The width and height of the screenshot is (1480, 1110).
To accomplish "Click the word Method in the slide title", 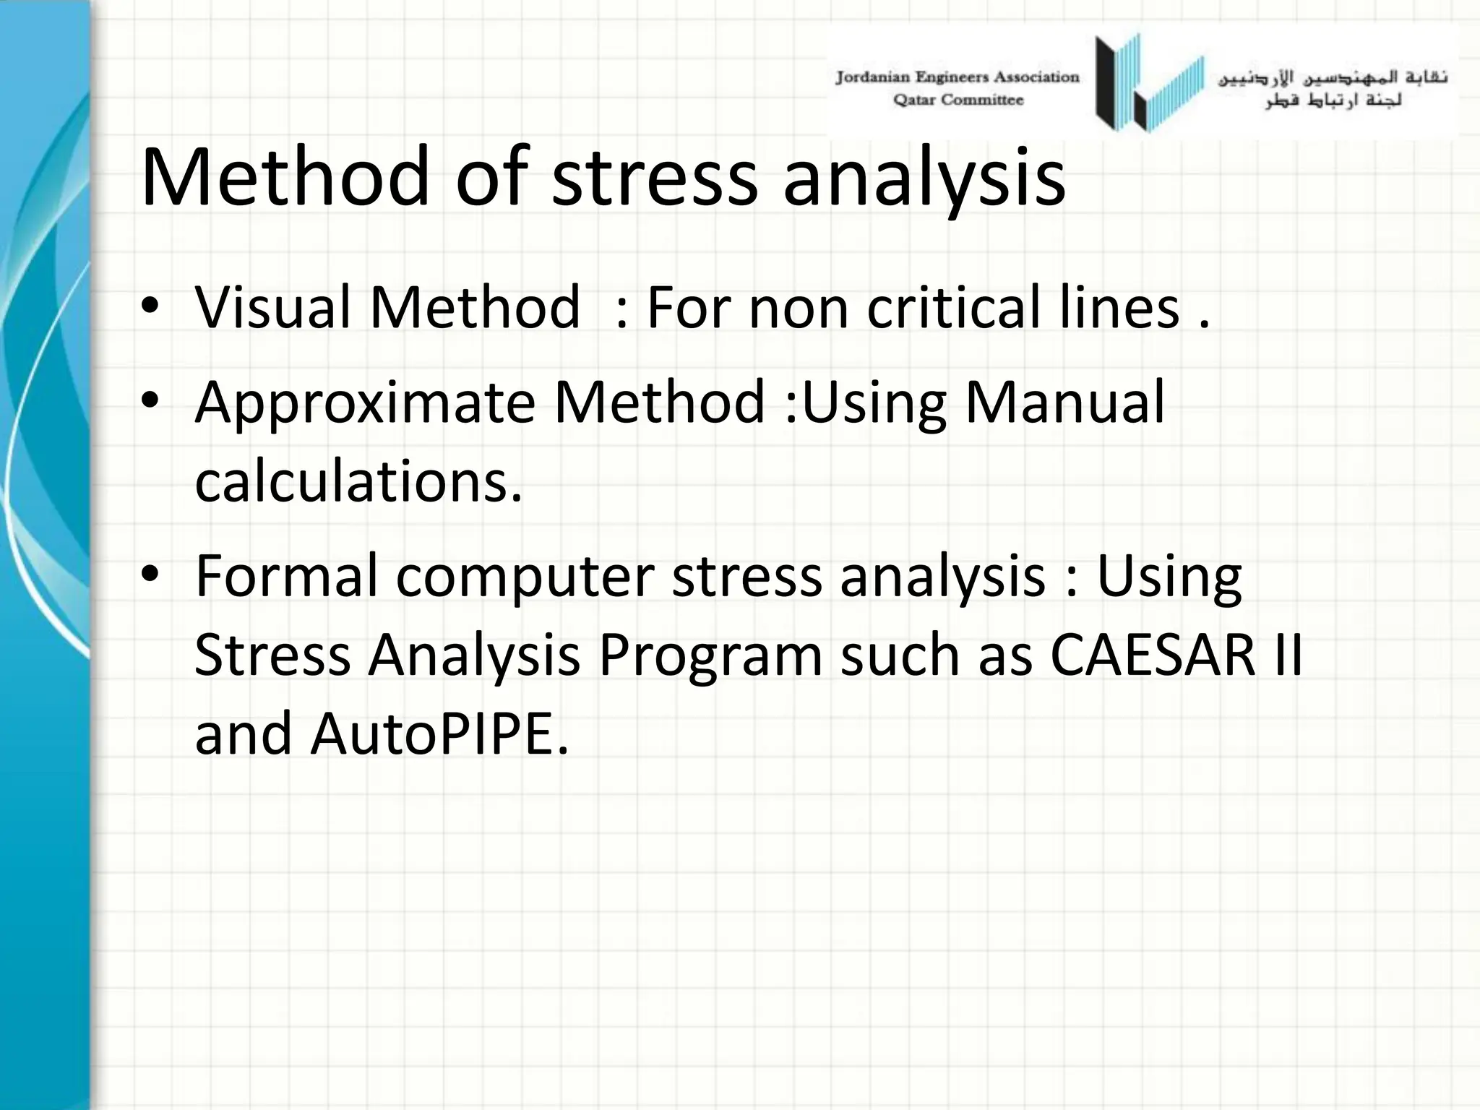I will coord(285,177).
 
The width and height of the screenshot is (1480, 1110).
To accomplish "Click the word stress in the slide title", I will coord(654,177).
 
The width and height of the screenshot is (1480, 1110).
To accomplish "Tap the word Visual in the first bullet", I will coord(272,307).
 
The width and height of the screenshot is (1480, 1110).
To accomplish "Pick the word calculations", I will coord(358,482).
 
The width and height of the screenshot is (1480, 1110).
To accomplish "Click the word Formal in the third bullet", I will coord(286,576).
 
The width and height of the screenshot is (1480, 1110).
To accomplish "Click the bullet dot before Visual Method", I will coord(150,307).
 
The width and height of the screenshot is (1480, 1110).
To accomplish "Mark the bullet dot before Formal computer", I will coord(150,576).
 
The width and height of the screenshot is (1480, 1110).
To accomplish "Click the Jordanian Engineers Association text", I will coord(957,77).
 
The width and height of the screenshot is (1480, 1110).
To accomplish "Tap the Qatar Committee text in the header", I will coord(958,100).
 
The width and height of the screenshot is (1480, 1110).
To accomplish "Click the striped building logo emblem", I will coord(1149,83).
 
